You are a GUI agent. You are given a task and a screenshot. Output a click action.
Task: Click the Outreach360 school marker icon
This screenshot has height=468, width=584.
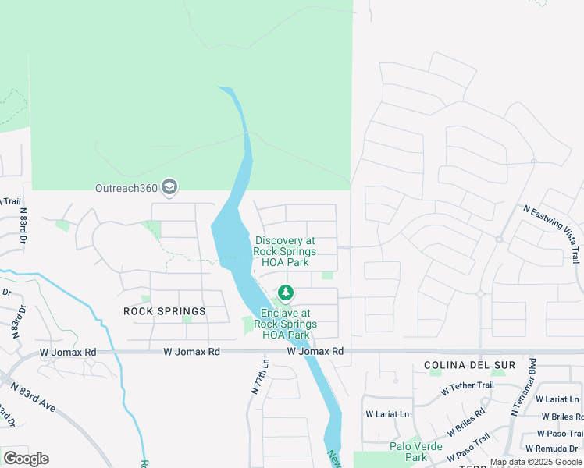[x=169, y=187]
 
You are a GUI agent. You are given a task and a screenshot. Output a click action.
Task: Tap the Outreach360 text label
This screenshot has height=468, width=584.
[x=126, y=188]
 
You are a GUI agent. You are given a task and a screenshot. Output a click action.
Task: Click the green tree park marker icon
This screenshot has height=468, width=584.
[x=286, y=293]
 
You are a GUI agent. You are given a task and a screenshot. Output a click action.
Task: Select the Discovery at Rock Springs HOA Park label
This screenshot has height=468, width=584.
[x=285, y=252]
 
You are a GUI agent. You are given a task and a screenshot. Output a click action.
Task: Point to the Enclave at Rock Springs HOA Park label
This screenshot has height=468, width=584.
[x=285, y=324]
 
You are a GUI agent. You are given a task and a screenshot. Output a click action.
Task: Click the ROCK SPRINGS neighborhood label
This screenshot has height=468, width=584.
[x=165, y=311]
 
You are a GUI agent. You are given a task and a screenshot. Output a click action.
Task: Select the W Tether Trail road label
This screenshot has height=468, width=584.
[x=467, y=386]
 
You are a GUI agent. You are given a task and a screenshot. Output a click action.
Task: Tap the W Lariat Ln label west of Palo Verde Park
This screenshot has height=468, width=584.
[x=387, y=414]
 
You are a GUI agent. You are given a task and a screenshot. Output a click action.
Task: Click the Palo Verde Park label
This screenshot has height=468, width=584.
[x=416, y=452]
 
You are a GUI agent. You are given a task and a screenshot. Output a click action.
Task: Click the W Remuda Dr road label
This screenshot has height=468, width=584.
[x=554, y=448]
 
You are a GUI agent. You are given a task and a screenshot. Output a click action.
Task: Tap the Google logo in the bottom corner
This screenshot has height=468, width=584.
[x=26, y=458]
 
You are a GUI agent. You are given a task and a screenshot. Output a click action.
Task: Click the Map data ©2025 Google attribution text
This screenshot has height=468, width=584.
[x=536, y=462]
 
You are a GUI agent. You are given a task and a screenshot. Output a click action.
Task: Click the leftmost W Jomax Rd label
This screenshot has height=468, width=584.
[x=69, y=353]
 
